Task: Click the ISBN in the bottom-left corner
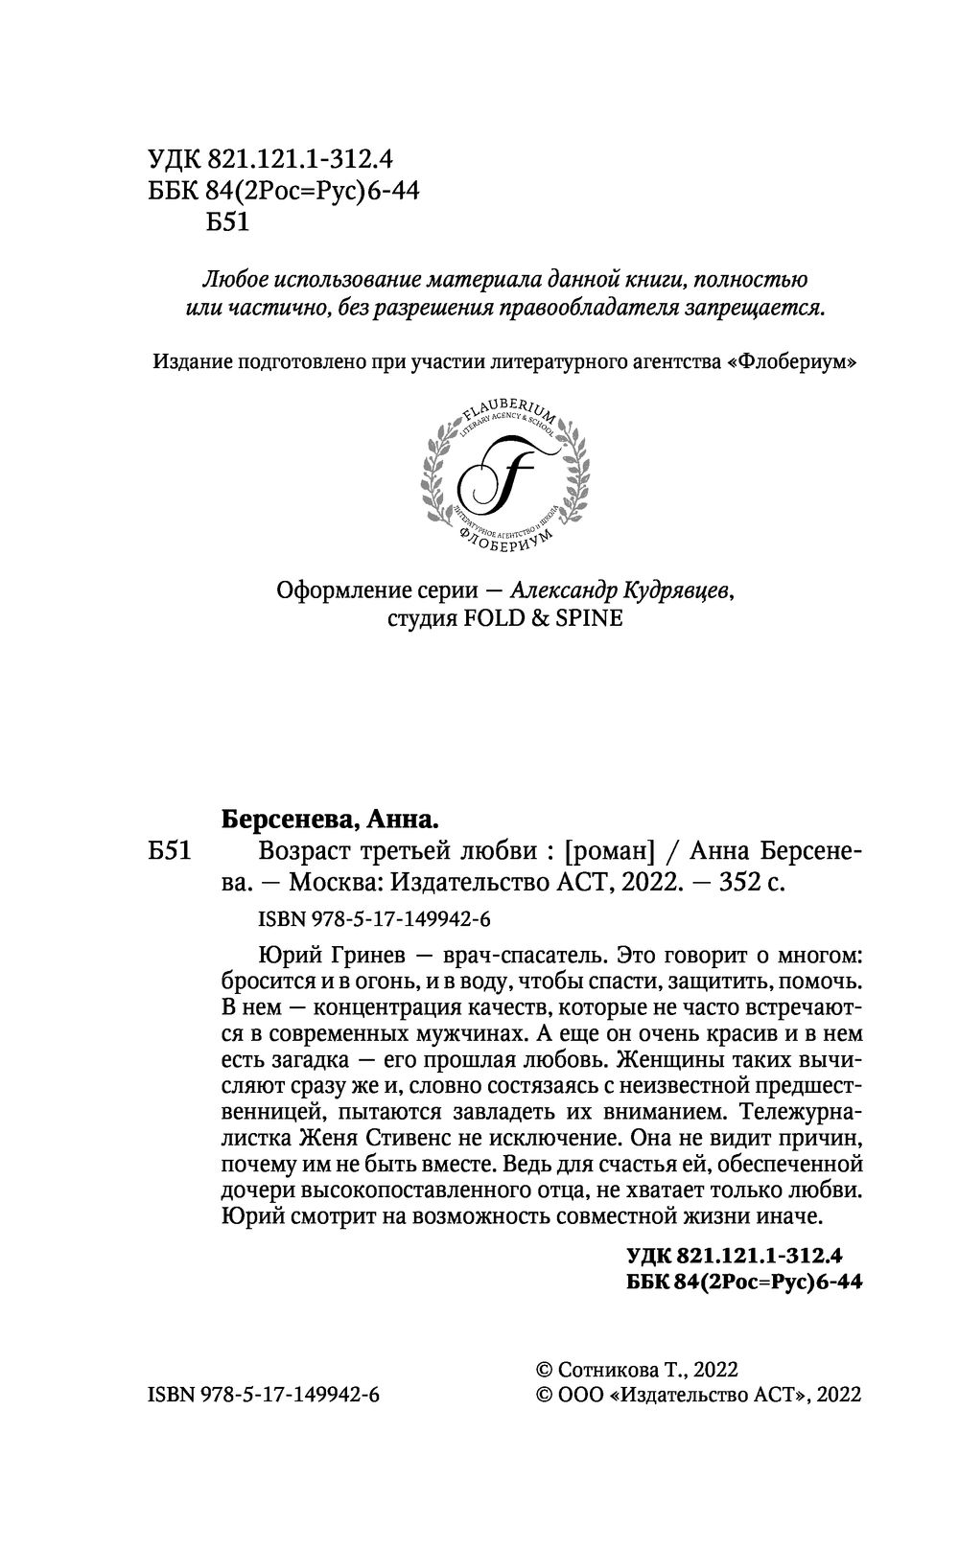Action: point(264,1395)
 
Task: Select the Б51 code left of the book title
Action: point(174,850)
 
